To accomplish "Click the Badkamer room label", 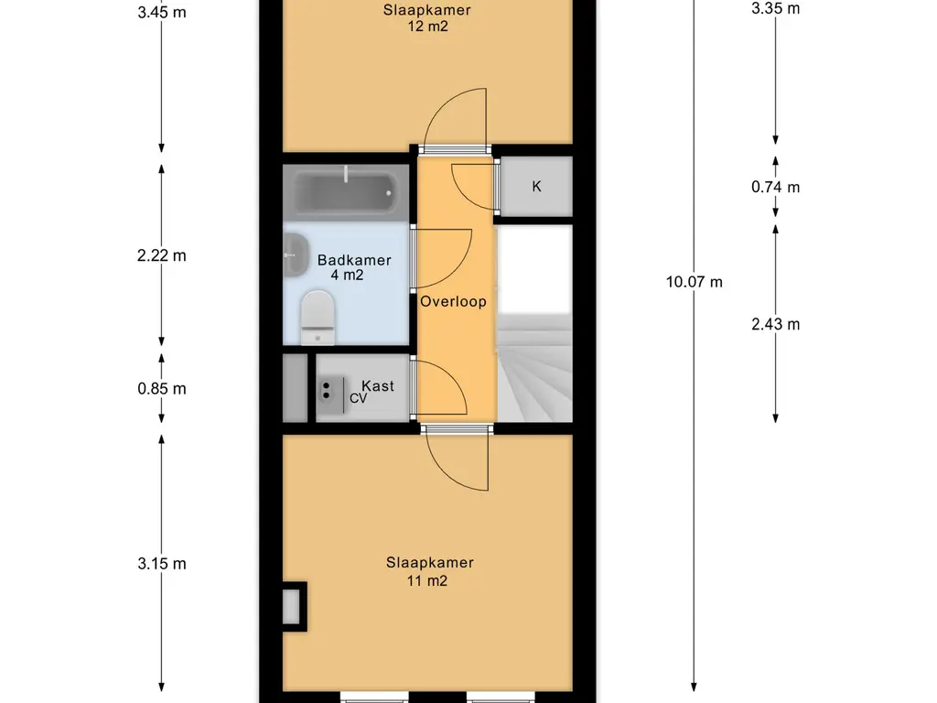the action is pos(354,260).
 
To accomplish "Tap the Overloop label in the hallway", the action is pos(453,301).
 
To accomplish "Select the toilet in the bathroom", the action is pos(318,318).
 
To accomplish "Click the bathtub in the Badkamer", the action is pos(345,192).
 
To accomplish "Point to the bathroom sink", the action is pos(296,255).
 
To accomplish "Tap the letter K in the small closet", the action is pos(536,187).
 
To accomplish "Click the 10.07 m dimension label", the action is pos(695,282).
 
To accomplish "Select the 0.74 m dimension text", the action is pos(776,187).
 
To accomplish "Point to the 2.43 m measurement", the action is pos(776,324).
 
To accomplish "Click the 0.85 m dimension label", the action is pos(162,388).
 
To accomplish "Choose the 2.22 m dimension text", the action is pos(161,255).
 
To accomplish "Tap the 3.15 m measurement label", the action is pos(162,564).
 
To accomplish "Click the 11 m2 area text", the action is pos(427,580).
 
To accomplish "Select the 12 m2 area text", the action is pos(428,27).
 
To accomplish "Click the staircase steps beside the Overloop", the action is pos(534,368).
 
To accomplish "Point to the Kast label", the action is pos(378,386).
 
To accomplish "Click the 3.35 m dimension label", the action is pos(776,8).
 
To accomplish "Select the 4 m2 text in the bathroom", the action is pos(347,275).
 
